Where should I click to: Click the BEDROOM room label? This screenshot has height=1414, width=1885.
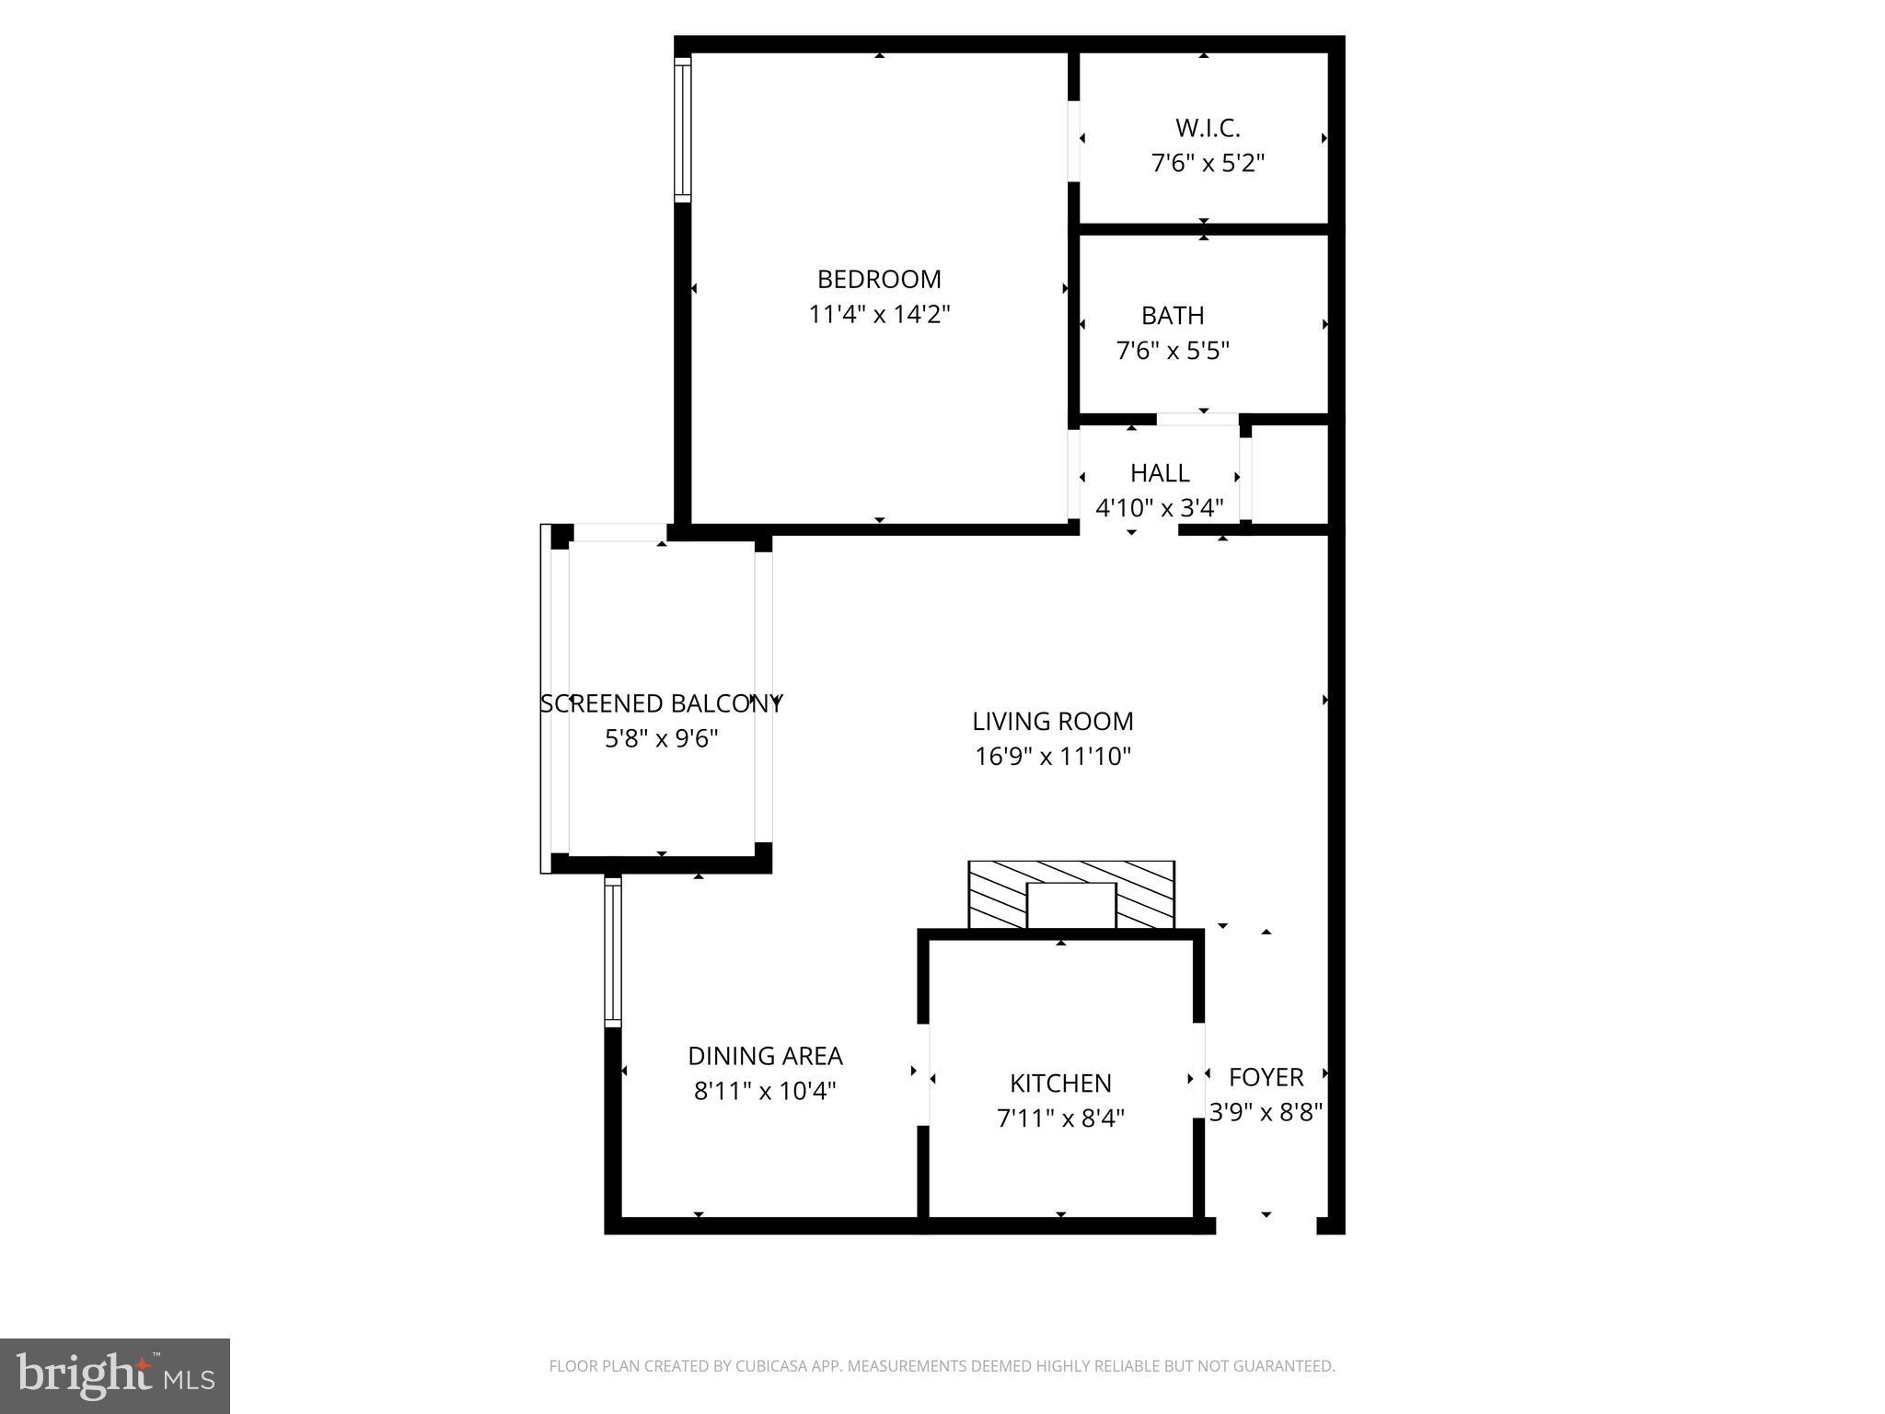[x=879, y=279]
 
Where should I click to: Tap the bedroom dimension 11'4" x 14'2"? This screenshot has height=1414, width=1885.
[x=879, y=315]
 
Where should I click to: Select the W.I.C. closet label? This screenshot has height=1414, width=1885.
[x=1208, y=128]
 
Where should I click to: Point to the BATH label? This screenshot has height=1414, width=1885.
[x=1173, y=316]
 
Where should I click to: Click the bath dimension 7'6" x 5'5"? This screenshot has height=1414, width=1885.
[x=1173, y=351]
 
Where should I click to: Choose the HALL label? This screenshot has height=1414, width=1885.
[x=1160, y=473]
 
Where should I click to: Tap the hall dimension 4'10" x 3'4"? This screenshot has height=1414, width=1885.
[x=1160, y=508]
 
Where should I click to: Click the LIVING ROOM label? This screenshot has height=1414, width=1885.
[x=1053, y=721]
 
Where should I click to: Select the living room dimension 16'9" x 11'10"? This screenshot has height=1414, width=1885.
[x=1053, y=757]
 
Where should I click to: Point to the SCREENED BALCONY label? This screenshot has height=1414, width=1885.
[x=661, y=704]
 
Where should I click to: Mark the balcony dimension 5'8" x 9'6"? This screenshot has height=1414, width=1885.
[x=661, y=739]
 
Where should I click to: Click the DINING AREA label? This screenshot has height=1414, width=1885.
[x=765, y=1056]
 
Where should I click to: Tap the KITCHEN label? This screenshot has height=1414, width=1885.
[x=1060, y=1084]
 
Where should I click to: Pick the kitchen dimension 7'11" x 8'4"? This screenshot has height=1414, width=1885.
[x=1060, y=1118]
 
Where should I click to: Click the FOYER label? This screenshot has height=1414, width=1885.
[x=1266, y=1077]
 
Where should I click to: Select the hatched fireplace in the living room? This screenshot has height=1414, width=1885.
[x=1071, y=895]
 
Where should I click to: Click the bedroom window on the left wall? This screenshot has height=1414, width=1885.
[x=682, y=130]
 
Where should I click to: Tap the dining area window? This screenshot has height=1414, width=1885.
[x=613, y=952]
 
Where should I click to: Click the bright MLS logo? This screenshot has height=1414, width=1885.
[x=115, y=1376]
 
